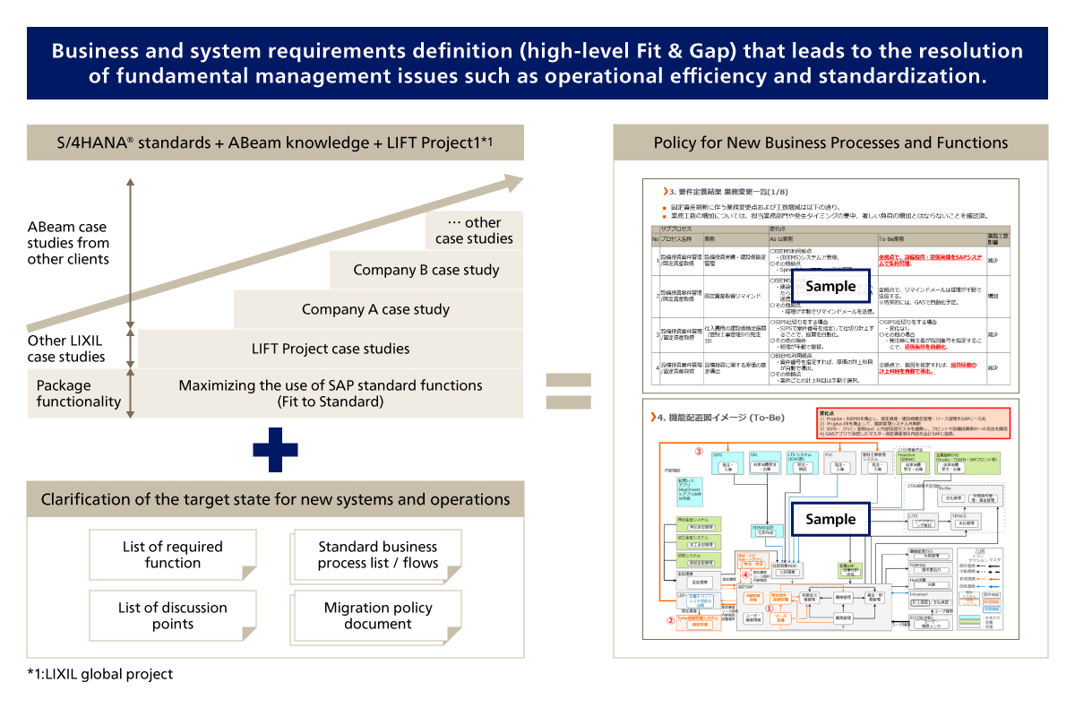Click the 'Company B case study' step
[426, 270]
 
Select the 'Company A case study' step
[376, 309]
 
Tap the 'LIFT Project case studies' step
[331, 349]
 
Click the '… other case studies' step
[474, 230]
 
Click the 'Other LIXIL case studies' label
[66, 349]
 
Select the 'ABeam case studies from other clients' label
[68, 243]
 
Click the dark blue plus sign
[275, 449]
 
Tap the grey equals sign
[568, 391]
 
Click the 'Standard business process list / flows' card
[377, 555]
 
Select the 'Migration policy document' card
[377, 616]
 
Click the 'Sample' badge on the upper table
[830, 287]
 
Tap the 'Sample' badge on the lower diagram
[830, 519]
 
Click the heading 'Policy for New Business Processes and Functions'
[830, 142]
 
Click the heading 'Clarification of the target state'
[275, 499]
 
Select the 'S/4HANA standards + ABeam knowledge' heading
[275, 142]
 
